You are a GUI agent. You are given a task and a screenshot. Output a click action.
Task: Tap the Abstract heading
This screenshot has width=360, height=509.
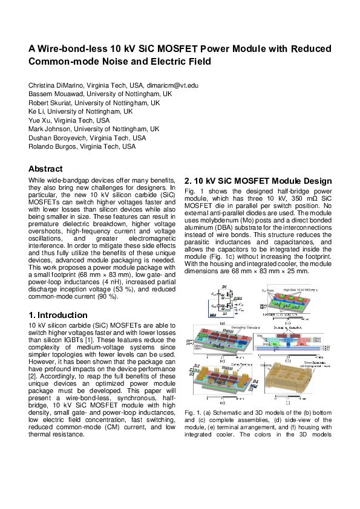(46, 169)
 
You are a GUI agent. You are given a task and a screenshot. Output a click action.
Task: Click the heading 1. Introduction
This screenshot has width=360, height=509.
(58, 315)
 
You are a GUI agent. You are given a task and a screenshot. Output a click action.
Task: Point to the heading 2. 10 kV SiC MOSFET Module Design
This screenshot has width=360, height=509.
(258, 181)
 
